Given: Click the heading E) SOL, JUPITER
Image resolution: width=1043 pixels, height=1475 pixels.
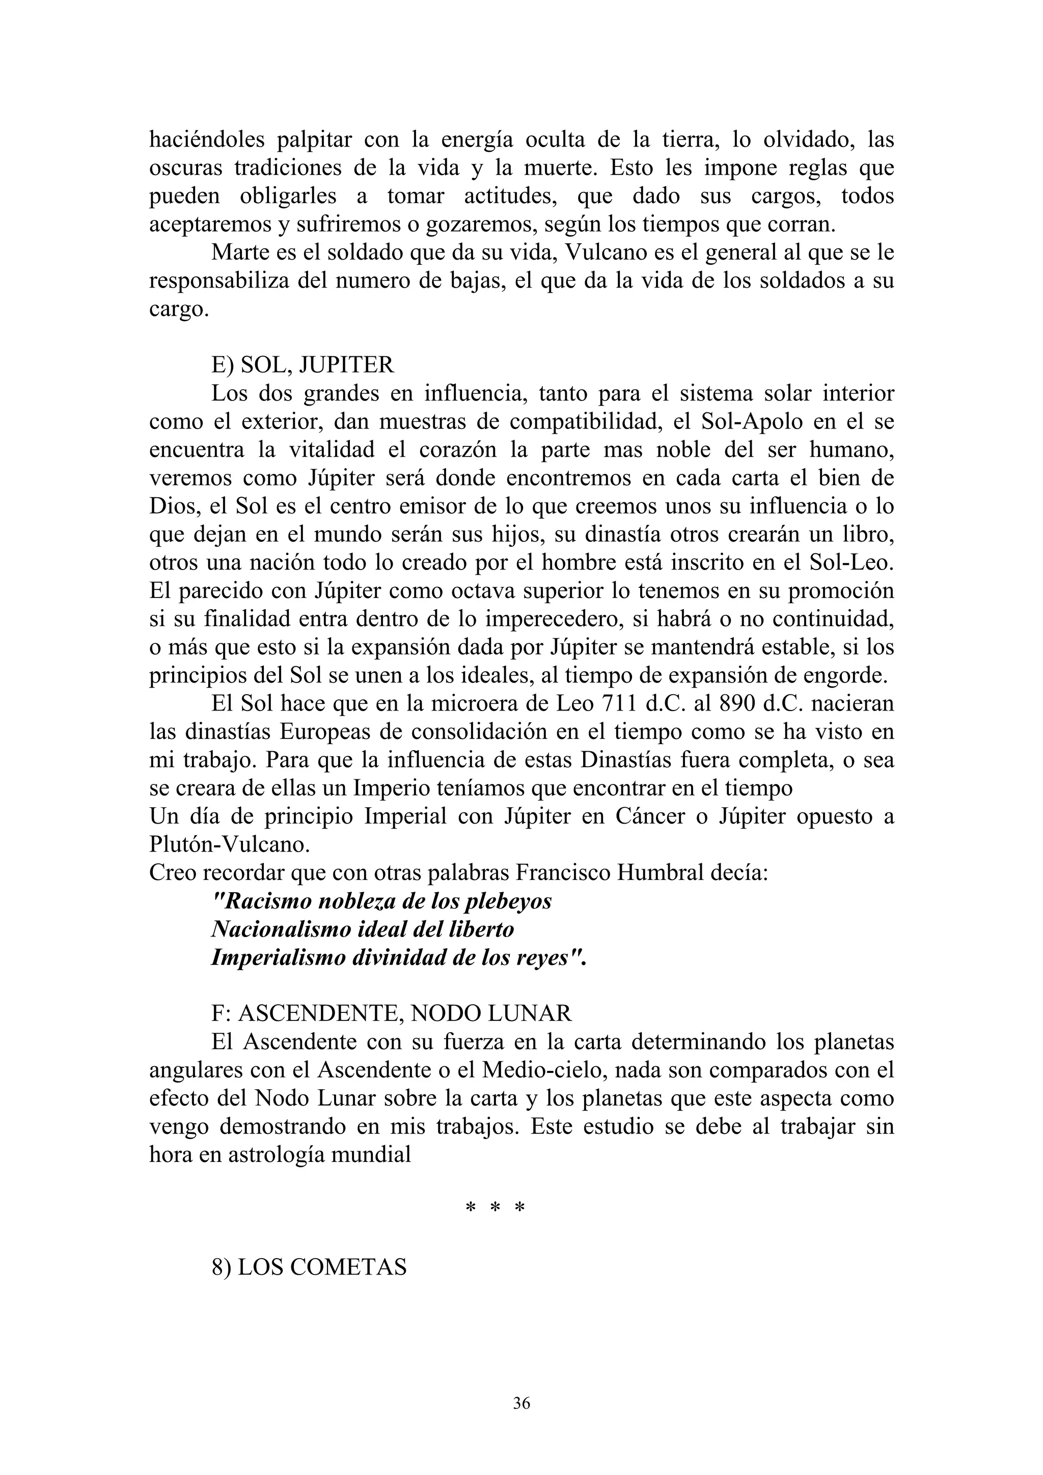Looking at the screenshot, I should click(x=303, y=365).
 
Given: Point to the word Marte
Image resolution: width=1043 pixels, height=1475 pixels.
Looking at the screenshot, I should click(x=239, y=252).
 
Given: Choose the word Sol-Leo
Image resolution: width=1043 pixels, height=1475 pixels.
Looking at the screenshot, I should click(x=856, y=563).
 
